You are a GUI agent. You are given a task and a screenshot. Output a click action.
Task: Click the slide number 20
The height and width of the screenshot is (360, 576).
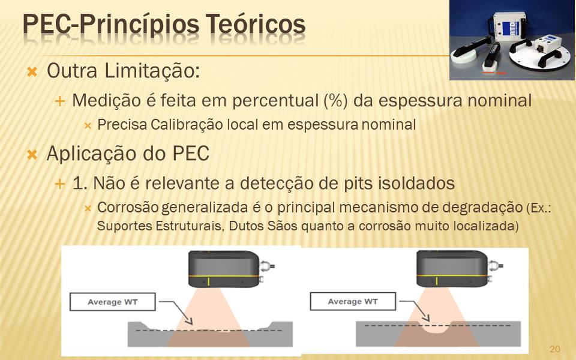tap(554, 349)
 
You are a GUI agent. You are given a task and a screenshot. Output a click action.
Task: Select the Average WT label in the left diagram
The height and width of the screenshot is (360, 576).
tap(112, 302)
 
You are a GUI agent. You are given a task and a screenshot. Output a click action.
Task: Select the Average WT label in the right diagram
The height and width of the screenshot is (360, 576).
tap(353, 302)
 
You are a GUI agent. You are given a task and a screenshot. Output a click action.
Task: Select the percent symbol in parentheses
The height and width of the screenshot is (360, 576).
tap(336, 100)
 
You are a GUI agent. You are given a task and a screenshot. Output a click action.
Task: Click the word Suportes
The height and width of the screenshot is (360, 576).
tap(124, 226)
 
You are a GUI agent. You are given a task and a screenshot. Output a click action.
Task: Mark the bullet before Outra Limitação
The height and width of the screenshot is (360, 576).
tap(32, 71)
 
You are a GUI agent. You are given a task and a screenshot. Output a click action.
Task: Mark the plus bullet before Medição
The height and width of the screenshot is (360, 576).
tap(59, 101)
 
